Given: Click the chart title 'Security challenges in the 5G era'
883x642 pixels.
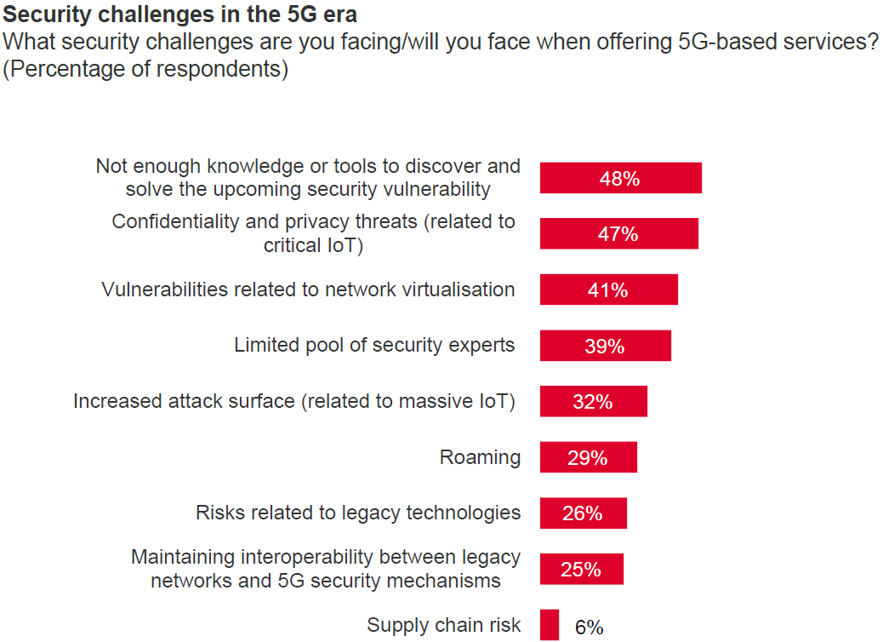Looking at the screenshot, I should [x=180, y=15].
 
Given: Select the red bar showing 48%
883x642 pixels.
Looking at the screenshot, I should [x=620, y=178].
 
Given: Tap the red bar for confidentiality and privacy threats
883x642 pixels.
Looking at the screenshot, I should [x=618, y=233].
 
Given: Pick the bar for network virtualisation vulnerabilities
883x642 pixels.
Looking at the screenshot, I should [x=608, y=289].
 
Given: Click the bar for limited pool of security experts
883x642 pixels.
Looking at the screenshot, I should [x=605, y=346].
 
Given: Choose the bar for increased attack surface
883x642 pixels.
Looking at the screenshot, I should [x=593, y=401].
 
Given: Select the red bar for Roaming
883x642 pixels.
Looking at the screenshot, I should [x=588, y=457].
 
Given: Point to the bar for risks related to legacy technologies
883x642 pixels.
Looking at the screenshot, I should [x=583, y=513].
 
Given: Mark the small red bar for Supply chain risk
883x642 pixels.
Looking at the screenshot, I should [x=550, y=625].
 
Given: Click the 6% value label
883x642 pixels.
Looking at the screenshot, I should [x=589, y=628].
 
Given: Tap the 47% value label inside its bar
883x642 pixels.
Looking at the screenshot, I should [x=618, y=234].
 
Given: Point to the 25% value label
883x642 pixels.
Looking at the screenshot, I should [x=581, y=570].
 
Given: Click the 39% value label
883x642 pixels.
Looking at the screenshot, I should [x=605, y=347].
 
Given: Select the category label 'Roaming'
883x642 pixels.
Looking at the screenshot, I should [x=480, y=457].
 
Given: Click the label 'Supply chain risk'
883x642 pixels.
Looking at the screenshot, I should [x=443, y=625].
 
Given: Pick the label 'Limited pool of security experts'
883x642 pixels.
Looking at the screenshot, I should [x=374, y=345].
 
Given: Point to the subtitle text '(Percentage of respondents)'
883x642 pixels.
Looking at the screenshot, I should [x=145, y=69].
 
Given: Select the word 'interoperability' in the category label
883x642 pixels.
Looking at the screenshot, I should [x=307, y=557].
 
